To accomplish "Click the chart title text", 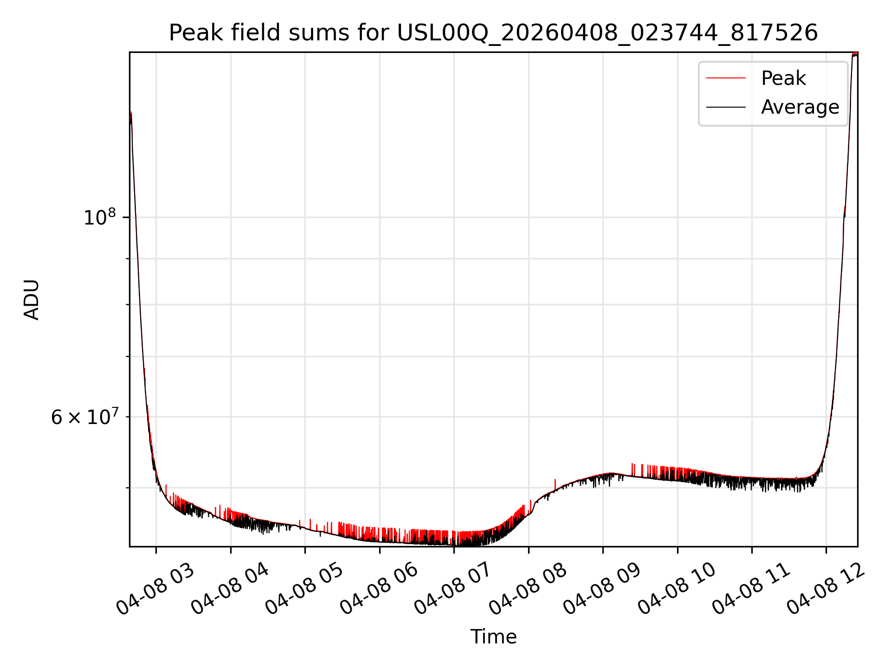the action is (493, 33).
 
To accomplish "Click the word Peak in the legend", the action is (783, 78).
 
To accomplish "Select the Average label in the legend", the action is (800, 107).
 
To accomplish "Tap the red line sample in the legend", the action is (726, 78).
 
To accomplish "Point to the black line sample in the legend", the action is (726, 107).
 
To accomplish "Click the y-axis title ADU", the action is (32, 300).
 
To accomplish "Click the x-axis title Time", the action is (493, 637).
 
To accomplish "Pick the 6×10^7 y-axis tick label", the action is (84, 417).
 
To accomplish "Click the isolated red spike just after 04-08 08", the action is (555, 484).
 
